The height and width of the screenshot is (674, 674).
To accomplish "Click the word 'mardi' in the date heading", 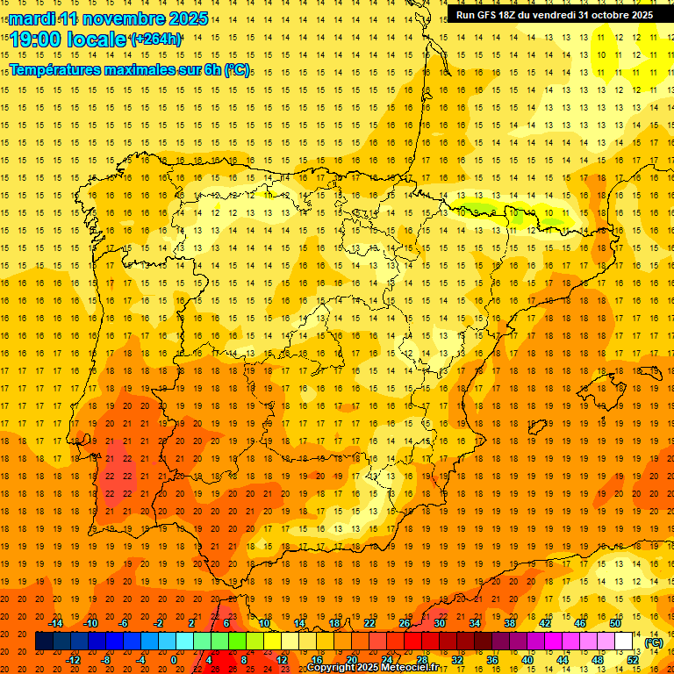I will pos(32,18).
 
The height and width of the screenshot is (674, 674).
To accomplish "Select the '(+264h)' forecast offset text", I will pos(156,39).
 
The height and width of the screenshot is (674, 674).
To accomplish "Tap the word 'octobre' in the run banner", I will pos(601,15).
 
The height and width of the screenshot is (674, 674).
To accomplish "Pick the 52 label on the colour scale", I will pos(634,660).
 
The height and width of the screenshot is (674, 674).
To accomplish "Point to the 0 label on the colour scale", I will pos(174,660).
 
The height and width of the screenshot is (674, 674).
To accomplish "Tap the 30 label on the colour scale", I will pos(439,623).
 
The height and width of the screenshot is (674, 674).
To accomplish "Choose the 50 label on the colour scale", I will pos(615,623).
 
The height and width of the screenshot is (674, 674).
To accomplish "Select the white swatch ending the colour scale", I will pos(624,642).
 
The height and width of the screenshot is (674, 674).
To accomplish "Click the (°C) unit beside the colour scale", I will pos(654,642).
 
